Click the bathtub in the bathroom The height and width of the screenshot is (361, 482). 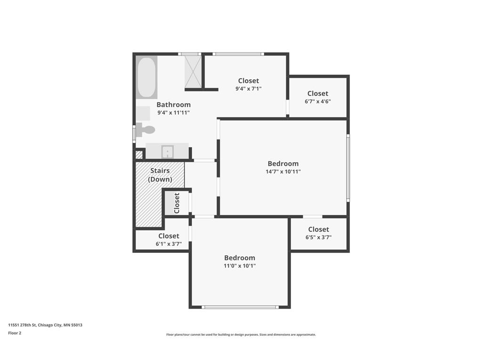147,78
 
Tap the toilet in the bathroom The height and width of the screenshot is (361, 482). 145,130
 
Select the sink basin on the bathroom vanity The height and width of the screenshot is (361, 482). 168,152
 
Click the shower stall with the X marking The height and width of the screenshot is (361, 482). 193,71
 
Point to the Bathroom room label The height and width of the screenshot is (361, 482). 173,105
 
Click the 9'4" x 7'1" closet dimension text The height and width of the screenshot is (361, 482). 249,89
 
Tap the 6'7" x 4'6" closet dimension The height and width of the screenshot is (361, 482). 318,102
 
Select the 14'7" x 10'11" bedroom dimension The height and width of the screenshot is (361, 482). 283,172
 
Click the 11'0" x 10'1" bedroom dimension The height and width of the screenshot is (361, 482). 240,266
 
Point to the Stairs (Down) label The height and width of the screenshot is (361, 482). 160,175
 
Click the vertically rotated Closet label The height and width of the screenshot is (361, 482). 177,203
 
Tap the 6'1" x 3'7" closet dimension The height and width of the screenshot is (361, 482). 169,244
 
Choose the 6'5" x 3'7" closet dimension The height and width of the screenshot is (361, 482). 319,237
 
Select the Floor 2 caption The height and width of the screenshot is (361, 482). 15,333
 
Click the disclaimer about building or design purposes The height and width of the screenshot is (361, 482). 241,335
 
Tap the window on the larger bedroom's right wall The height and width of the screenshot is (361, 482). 348,168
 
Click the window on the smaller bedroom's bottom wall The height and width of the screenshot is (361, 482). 240,307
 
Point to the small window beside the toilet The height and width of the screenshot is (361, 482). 134,134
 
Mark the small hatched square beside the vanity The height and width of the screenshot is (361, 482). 139,154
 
